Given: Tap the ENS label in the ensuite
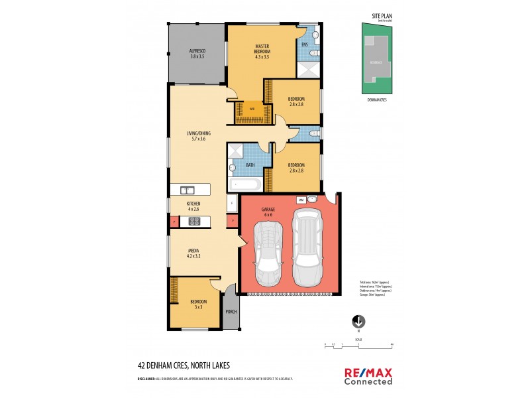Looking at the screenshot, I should point(304,44).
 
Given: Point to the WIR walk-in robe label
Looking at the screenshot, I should point(252,110).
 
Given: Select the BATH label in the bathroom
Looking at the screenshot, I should point(250,165).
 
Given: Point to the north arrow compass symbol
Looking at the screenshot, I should point(358,321).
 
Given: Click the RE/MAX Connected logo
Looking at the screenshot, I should point(368,375).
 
